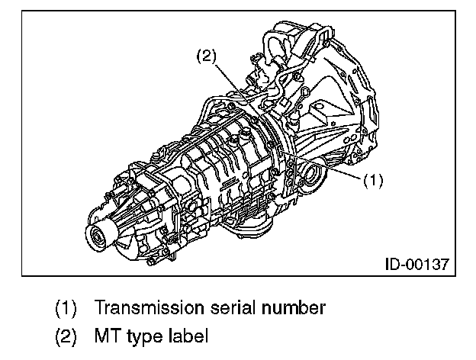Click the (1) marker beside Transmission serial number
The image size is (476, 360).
(66, 309)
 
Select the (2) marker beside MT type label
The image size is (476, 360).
(66, 336)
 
